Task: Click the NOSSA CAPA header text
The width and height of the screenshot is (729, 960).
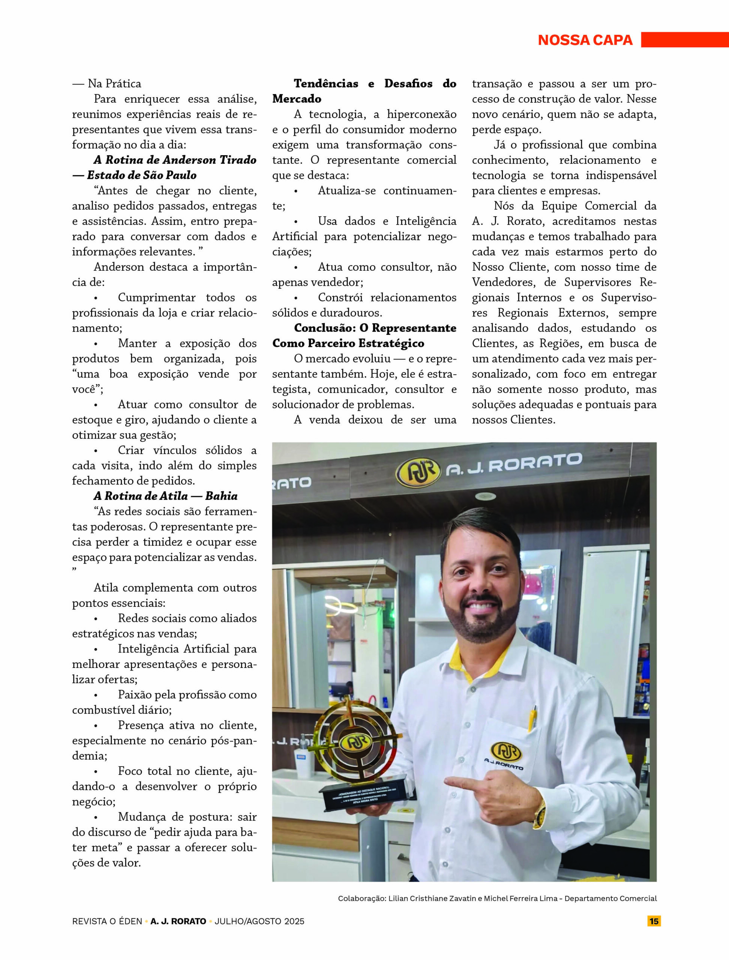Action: [x=585, y=40]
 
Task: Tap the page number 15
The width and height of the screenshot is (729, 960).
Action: [x=654, y=921]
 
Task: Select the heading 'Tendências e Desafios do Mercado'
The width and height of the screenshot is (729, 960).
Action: [x=364, y=91]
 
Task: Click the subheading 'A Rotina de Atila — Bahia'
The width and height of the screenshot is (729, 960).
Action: [x=165, y=496]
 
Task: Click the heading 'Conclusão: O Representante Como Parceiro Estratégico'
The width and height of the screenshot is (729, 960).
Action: [x=364, y=336]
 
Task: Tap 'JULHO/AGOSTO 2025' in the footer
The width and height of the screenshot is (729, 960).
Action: [x=259, y=921]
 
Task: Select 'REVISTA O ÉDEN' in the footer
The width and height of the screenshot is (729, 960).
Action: [x=107, y=921]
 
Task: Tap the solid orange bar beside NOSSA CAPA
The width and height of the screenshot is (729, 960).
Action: [x=685, y=39]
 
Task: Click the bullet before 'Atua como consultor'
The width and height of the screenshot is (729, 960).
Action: [x=295, y=267]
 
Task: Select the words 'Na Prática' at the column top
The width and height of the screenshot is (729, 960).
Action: [x=114, y=83]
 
